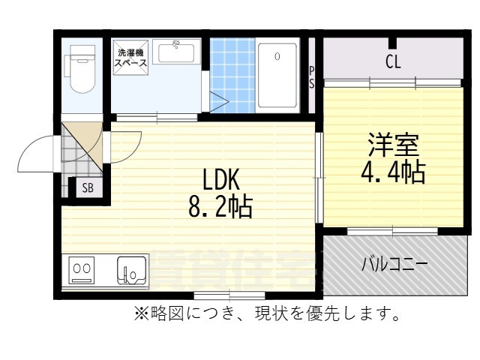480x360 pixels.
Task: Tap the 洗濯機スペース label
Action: click(x=130, y=58)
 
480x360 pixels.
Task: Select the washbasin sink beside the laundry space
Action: click(x=178, y=54)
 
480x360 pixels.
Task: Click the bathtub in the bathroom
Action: click(x=277, y=75)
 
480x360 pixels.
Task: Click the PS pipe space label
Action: click(x=312, y=77)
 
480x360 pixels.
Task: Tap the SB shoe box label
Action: click(x=87, y=188)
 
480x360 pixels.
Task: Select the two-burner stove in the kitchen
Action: click(x=82, y=269)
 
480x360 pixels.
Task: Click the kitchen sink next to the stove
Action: click(x=133, y=269)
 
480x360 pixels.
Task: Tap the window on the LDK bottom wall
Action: click(x=228, y=294)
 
